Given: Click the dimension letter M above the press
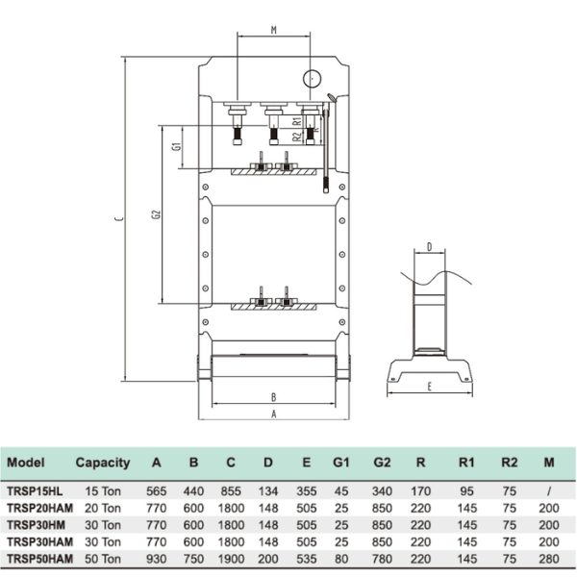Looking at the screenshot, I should (274, 30).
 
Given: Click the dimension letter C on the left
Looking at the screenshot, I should (116, 219).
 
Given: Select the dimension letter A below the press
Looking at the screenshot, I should (274, 414).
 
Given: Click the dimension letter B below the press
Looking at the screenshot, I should (274, 396).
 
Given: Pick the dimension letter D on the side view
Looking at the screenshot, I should (429, 246).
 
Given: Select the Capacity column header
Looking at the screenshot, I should (102, 463).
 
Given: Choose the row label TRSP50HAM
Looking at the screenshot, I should (39, 558).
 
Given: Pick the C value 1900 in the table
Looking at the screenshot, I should (231, 558).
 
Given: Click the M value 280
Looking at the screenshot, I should (548, 558).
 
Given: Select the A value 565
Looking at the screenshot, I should (157, 490).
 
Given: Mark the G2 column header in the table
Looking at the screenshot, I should (382, 463).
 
